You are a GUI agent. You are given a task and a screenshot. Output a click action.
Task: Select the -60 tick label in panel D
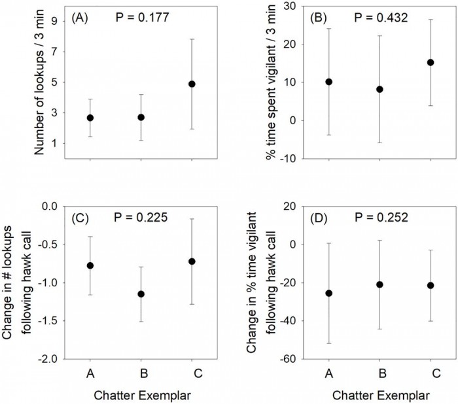tap(287, 360)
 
